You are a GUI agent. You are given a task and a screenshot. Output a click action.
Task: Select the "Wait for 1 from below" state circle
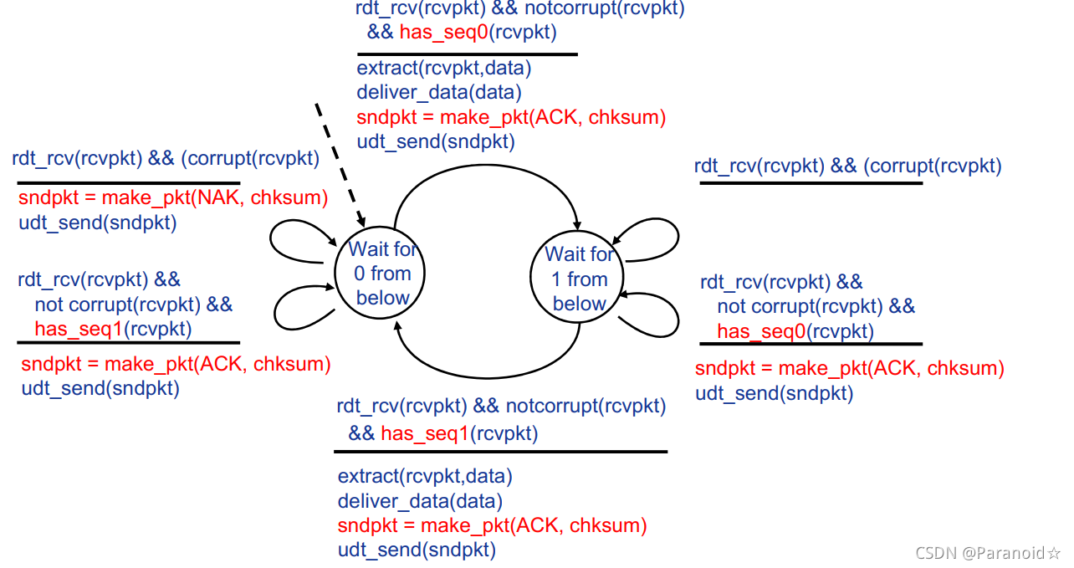pyautogui.click(x=579, y=279)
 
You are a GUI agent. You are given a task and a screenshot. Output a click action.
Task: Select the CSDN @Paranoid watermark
pyautogui.click(x=988, y=553)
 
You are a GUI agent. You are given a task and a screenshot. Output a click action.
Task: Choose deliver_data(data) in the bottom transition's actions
pyautogui.click(x=420, y=501)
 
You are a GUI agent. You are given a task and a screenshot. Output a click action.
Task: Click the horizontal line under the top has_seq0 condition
pyautogui.click(x=467, y=54)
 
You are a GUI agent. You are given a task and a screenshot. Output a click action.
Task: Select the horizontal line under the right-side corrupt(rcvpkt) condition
pyautogui.click(x=811, y=182)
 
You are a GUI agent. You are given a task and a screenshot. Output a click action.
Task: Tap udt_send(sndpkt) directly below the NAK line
pyautogui.click(x=97, y=223)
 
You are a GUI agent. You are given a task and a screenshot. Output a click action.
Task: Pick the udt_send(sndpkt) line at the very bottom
pyautogui.click(x=417, y=550)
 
